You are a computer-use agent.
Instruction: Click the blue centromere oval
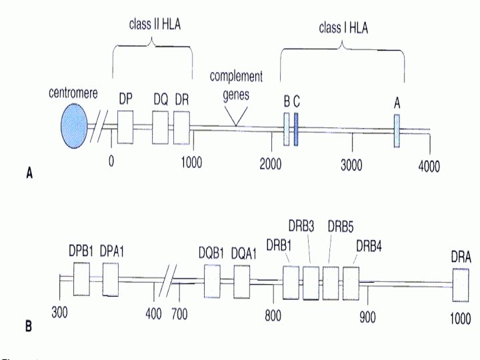tap(74, 126)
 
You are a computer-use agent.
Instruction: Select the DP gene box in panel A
tap(126, 126)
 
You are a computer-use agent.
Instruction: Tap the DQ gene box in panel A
tap(161, 126)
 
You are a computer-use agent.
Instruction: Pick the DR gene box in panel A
tap(182, 126)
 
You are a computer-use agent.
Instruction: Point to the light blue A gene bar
tap(397, 130)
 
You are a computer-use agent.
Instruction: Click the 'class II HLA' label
tap(155, 25)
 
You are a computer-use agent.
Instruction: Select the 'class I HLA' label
tap(343, 27)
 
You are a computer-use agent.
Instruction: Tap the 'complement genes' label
tap(236, 85)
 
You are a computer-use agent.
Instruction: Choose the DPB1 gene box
tap(81, 279)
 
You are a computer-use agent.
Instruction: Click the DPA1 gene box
tap(110, 279)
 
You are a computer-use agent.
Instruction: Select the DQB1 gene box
tap(212, 281)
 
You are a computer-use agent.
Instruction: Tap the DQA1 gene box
tap(242, 281)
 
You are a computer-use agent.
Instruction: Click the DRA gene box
tap(460, 285)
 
